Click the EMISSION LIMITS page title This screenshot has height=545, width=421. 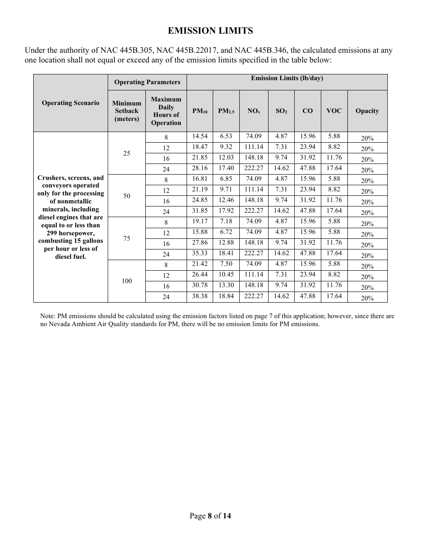(210, 31)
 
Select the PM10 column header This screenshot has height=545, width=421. (199, 111)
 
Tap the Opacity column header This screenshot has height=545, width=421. (367, 111)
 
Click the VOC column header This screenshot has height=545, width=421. (334, 111)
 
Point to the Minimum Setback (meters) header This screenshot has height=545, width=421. (127, 111)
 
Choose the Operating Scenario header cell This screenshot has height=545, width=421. (70, 103)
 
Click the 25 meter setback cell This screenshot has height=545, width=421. (127, 153)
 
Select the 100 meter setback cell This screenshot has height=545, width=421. (127, 281)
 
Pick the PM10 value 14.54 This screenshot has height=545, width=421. (199, 136)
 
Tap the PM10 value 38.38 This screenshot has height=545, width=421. (199, 296)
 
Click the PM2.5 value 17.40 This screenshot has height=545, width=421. (226, 168)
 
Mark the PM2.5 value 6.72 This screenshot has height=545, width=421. (226, 232)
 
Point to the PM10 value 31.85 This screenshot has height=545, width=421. (199, 211)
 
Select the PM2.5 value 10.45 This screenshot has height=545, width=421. (226, 275)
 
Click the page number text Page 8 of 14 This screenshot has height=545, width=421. (210, 516)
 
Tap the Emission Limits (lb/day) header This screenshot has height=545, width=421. (287, 78)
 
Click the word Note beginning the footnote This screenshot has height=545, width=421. (47, 316)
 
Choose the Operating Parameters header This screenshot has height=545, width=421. (147, 82)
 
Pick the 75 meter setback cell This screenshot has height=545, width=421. (127, 238)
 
